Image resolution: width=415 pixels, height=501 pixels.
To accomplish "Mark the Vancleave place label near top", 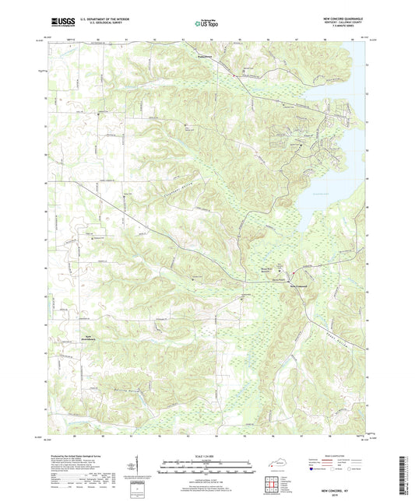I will [x=205, y=57].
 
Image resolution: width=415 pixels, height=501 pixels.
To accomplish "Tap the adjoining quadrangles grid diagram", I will [x=273, y=483].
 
